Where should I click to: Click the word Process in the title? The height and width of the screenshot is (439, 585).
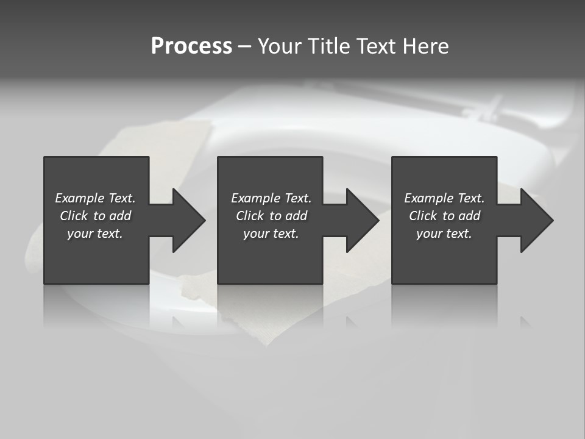(x=191, y=46)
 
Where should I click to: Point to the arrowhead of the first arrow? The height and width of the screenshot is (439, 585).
(x=189, y=220)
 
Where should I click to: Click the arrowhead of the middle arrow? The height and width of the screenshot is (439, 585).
(x=363, y=220)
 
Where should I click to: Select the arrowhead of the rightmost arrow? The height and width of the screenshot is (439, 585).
(x=537, y=220)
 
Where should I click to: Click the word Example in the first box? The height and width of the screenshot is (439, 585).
(x=80, y=198)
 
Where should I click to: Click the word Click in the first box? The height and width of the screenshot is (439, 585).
(x=73, y=216)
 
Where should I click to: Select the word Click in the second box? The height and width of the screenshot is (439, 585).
(x=249, y=216)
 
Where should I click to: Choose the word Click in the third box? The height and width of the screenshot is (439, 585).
(x=422, y=216)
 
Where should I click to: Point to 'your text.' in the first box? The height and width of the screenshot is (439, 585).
(x=95, y=234)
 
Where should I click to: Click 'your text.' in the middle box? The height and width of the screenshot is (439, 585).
(x=271, y=234)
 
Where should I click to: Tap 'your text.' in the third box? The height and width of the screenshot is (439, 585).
(x=444, y=234)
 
